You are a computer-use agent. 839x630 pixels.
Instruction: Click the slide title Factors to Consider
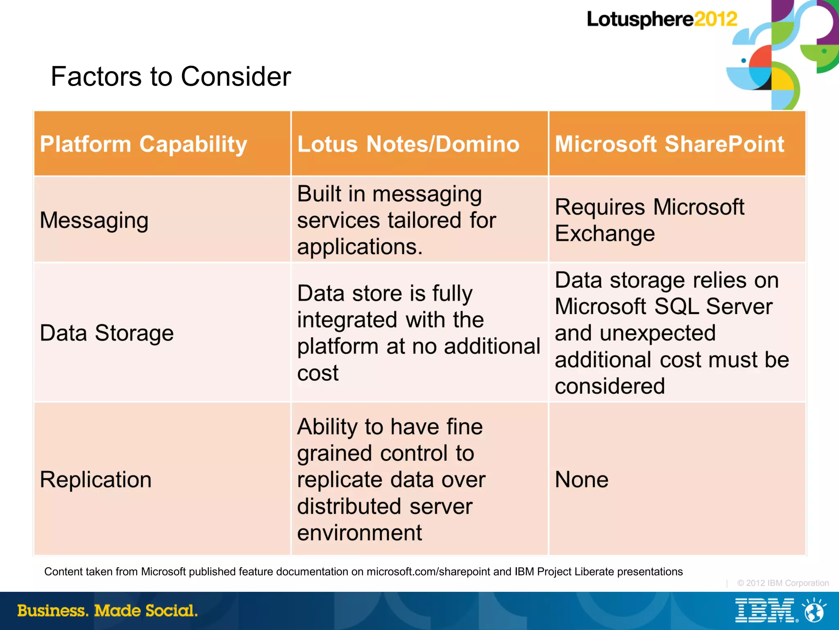click(170, 77)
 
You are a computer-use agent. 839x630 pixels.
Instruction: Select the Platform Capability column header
click(143, 144)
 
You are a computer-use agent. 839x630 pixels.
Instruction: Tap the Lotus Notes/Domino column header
click(408, 144)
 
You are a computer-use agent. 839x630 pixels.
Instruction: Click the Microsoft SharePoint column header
click(669, 144)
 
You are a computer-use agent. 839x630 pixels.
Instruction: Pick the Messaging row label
click(94, 221)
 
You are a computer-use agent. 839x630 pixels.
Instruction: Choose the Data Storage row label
click(107, 333)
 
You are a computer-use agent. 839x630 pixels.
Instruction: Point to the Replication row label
click(95, 480)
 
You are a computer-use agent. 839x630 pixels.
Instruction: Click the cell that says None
click(581, 480)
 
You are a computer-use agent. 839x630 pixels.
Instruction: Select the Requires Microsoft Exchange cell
click(649, 220)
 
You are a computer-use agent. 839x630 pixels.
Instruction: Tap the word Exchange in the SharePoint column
click(605, 234)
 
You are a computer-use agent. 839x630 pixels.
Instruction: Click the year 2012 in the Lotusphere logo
click(715, 19)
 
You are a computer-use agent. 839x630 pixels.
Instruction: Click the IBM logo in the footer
click(764, 610)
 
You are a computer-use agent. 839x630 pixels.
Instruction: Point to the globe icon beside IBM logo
click(814, 611)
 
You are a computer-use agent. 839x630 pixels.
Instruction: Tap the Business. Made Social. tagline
click(107, 611)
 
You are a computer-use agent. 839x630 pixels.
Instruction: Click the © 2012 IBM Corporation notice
click(783, 583)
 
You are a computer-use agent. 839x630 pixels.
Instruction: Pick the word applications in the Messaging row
click(359, 247)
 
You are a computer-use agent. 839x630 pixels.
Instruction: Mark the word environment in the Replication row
click(359, 533)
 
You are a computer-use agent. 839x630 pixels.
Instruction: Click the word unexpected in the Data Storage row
click(658, 333)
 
